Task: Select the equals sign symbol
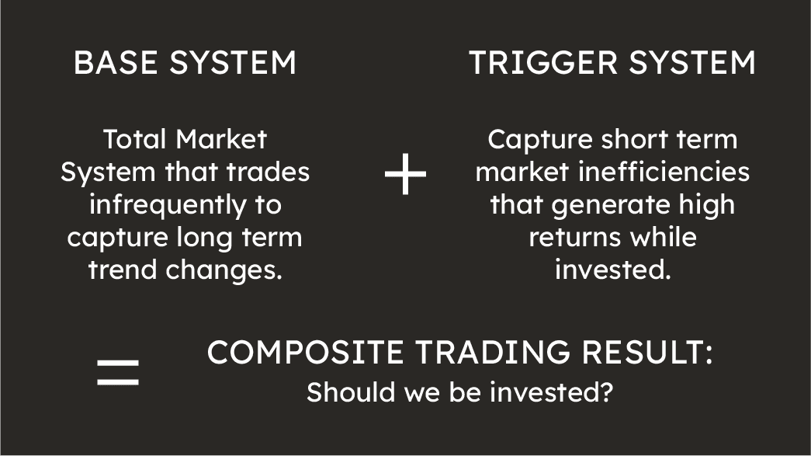coord(118,372)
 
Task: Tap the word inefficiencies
coord(664,172)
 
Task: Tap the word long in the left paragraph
coord(212,237)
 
